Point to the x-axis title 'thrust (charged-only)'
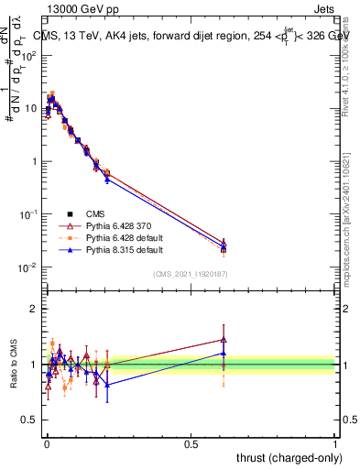click(284, 457)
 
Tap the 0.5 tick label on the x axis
click(191, 442)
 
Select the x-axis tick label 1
click(335, 442)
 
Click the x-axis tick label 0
click(47, 442)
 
